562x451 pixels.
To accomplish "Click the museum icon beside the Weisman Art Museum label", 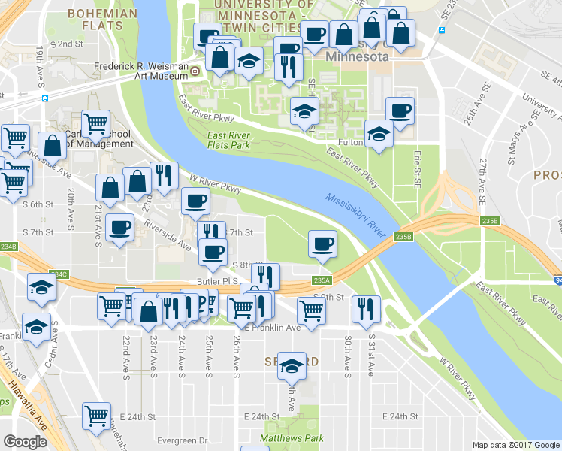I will tap(195, 71).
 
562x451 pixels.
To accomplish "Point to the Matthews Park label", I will tap(292, 437).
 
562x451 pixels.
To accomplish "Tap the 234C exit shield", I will tap(59, 275).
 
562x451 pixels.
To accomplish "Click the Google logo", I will tap(25, 442).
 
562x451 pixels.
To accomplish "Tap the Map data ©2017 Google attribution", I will tap(515, 445).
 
